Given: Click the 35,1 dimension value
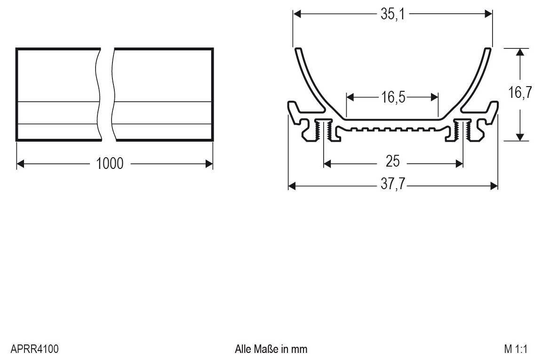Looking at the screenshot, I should (392, 14).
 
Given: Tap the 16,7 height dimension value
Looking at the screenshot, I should (519, 93).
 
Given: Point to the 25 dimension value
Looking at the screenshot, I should (392, 162).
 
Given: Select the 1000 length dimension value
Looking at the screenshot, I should (110, 163).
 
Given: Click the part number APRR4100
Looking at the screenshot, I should (34, 349).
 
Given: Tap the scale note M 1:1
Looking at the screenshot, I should (516, 349).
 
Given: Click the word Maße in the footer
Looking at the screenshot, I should (267, 349).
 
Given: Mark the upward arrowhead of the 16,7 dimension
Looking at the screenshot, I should (519, 52).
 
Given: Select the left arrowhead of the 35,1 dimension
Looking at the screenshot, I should (297, 14).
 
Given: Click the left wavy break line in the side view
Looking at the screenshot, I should (98, 94).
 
